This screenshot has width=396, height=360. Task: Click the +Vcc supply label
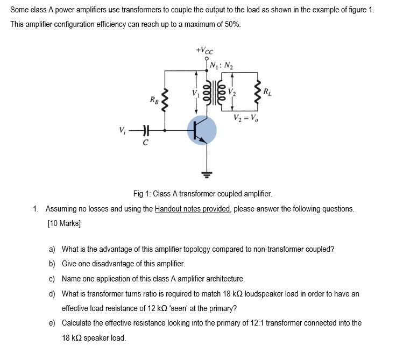point(205,51)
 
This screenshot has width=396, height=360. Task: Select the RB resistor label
point(154,100)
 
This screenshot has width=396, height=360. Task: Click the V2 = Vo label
point(245,118)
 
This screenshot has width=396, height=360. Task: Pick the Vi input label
point(123,130)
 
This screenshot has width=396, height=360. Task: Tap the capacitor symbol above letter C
point(144,130)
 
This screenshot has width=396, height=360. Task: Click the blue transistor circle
point(202,131)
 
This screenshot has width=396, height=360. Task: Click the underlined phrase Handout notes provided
point(193,209)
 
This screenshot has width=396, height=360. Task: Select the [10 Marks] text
point(64,223)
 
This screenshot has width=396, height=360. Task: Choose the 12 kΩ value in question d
point(157,308)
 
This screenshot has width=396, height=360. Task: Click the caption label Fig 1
point(142,193)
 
